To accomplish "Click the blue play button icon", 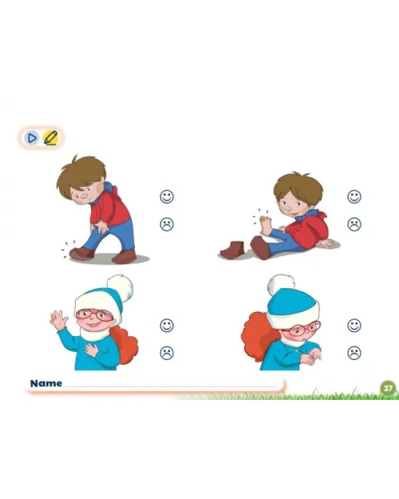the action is pos(31,138).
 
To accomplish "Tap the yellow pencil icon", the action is pos(51,138).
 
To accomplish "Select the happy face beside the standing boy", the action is pos(167,197).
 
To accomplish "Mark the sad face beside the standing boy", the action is pos(167,224).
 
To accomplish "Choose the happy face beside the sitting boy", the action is pos(354,197).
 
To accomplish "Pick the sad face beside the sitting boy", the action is pos(354,224).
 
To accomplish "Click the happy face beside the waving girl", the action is pos(167,325).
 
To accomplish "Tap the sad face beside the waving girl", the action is pos(167,353).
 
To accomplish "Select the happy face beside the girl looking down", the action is pos(354,325).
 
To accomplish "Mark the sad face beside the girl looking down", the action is pos(354,353).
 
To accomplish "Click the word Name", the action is pos(46,383).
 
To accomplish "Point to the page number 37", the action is pos(388,389).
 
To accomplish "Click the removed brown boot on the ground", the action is pos(232,250).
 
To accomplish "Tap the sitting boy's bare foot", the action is pos(265,225).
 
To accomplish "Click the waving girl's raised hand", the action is pos(59,319).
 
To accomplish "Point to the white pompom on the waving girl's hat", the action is pos(120,287).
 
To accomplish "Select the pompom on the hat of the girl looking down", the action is pos(280,284).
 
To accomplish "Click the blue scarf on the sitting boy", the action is pos(307,216).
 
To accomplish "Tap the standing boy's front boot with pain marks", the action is pos(82,254).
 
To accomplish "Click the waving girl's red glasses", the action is pos(94,315).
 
